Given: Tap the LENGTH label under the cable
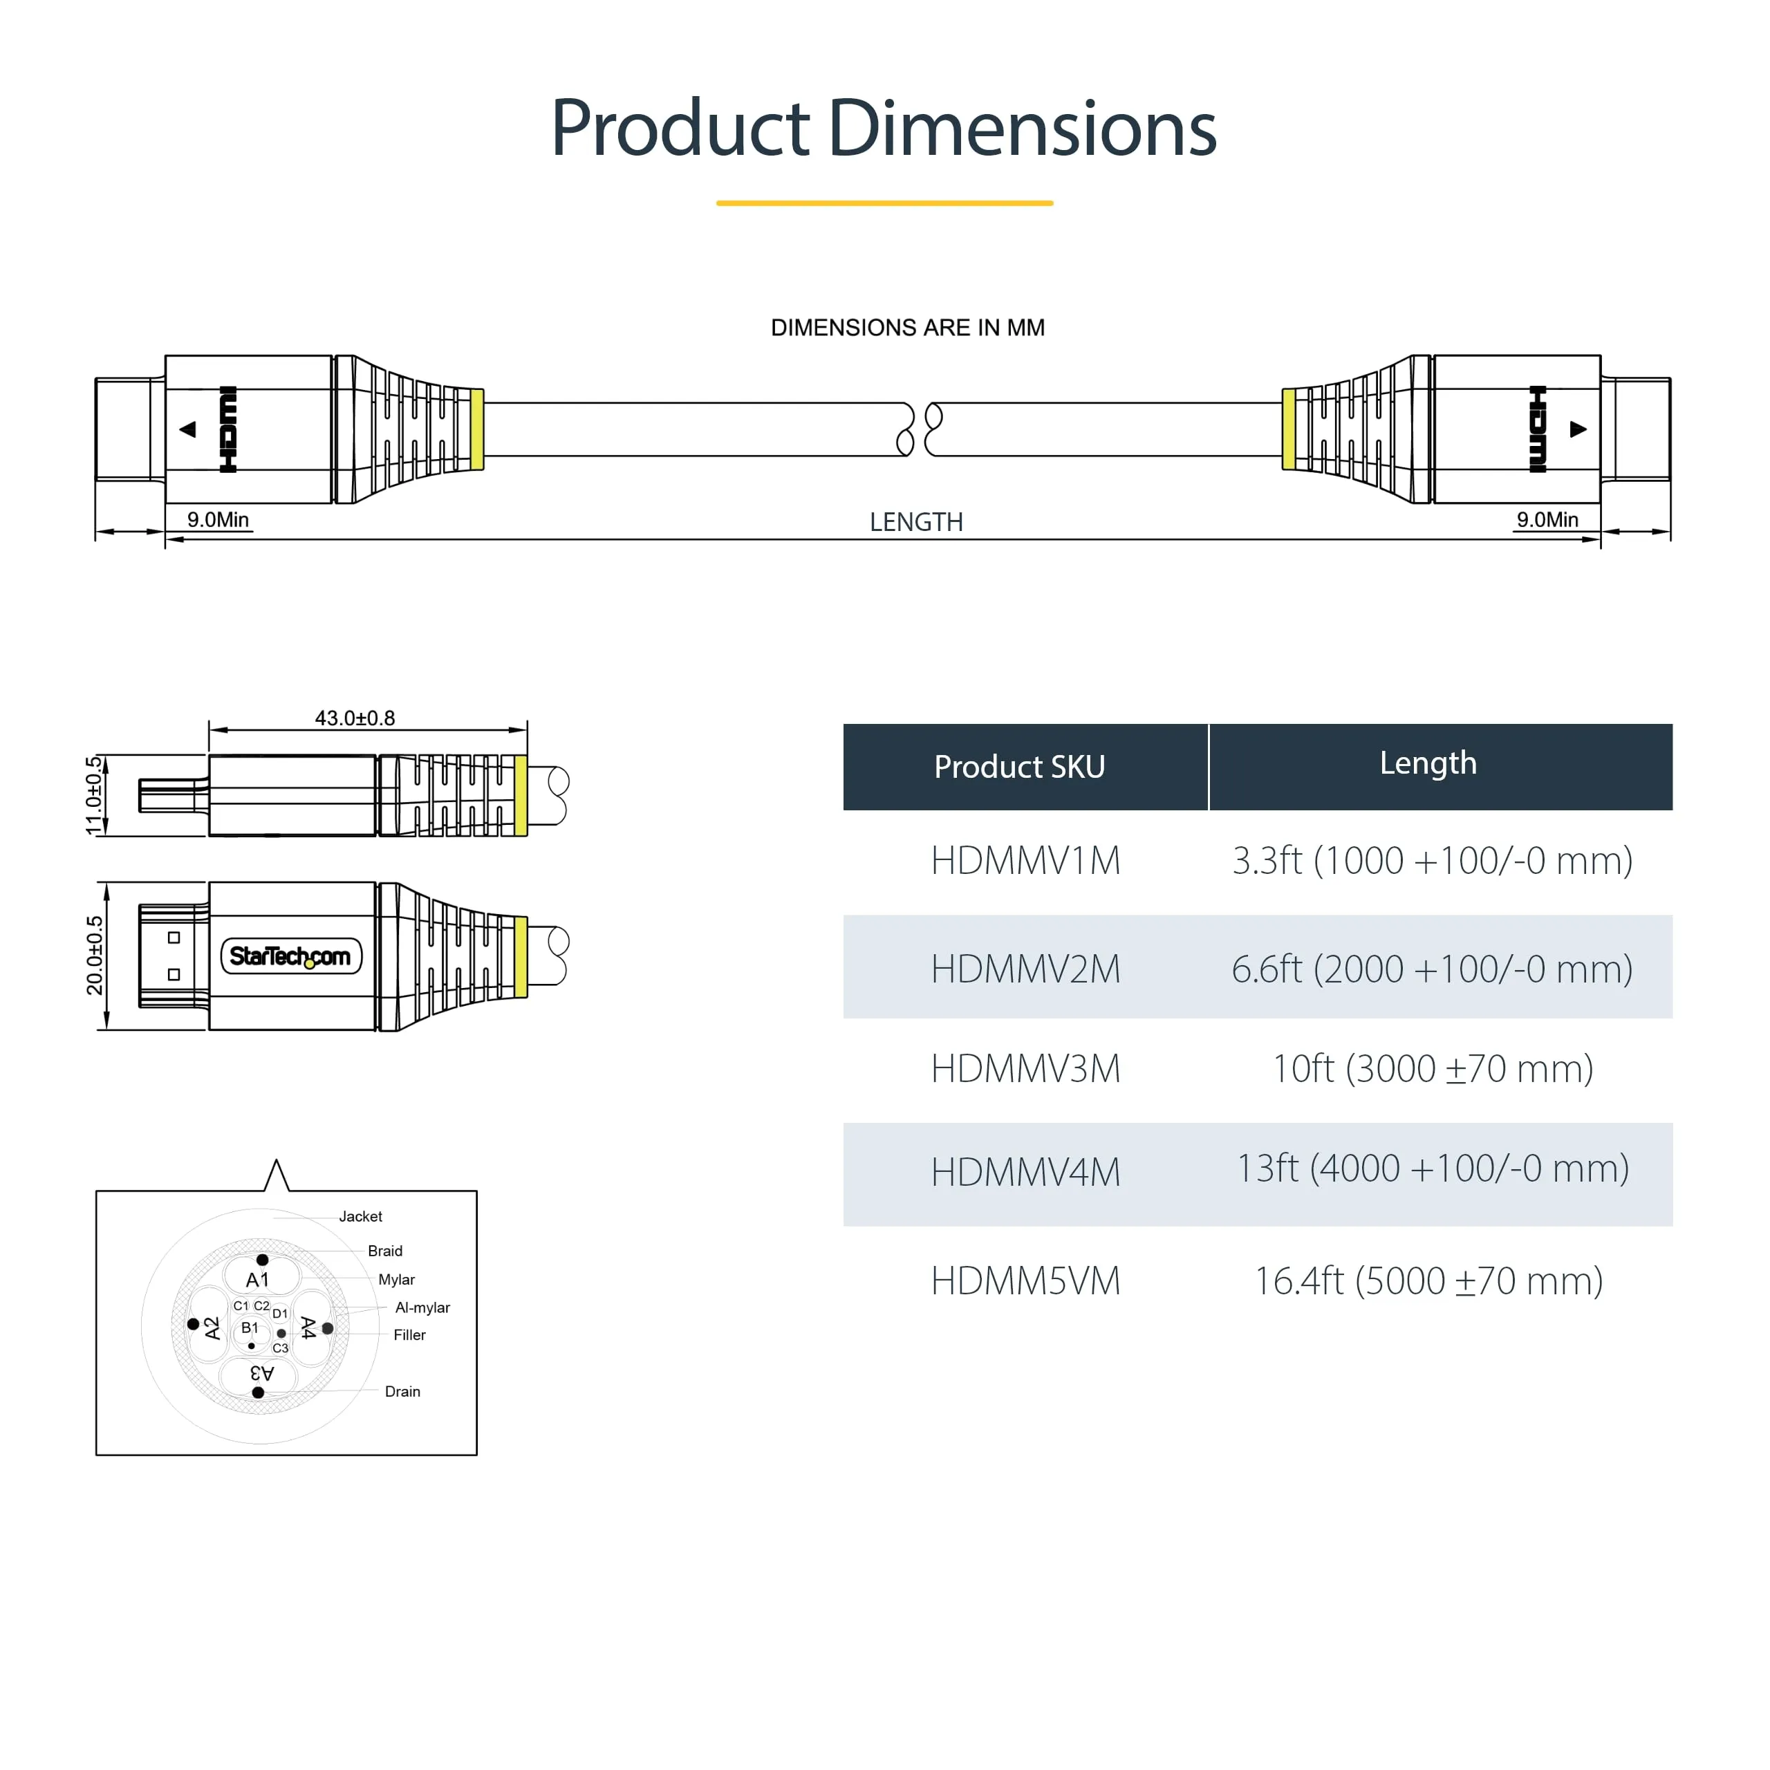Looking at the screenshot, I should point(916,522).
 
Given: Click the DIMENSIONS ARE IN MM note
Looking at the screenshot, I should point(907,328).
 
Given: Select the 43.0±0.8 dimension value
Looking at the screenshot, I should point(355,718).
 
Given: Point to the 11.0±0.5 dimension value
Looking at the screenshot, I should point(93,795).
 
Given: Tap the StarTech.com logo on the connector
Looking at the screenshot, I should point(290,956).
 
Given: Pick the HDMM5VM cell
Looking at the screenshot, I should point(1025,1280).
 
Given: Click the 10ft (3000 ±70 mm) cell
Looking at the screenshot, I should point(1433,1069).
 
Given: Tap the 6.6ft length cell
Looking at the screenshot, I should point(1431,969).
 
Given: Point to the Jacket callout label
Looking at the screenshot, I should point(360,1217).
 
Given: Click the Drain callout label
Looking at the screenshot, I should point(402,1392).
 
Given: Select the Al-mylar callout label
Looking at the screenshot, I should point(422,1307).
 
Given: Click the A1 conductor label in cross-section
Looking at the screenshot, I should point(257,1280).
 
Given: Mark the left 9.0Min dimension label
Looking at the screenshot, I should point(218,519).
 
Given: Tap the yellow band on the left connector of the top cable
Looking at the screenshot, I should point(477,429).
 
